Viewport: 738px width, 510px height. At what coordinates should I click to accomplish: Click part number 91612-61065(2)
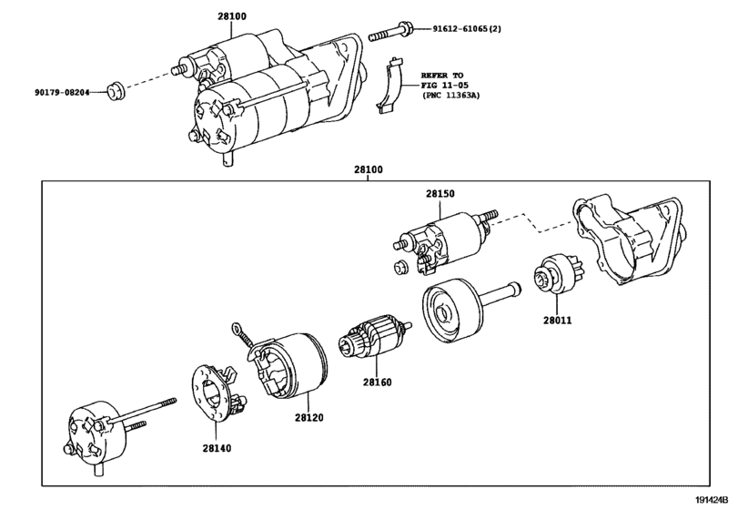pyautogui.click(x=467, y=29)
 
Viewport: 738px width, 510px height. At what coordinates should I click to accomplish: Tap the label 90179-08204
pyautogui.click(x=62, y=92)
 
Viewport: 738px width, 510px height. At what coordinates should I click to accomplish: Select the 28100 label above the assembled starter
pyautogui.click(x=232, y=16)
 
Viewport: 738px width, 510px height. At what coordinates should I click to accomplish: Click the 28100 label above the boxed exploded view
pyautogui.click(x=369, y=169)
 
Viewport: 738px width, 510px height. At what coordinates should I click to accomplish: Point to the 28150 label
pyautogui.click(x=440, y=194)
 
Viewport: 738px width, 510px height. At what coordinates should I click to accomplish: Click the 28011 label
pyautogui.click(x=557, y=321)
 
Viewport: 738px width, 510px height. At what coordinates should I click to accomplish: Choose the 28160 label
pyautogui.click(x=377, y=382)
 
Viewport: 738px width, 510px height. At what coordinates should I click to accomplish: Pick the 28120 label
pyautogui.click(x=309, y=418)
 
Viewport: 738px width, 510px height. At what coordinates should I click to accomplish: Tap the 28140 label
pyautogui.click(x=217, y=448)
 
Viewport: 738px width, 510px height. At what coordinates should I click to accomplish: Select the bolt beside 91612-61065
pyautogui.click(x=391, y=32)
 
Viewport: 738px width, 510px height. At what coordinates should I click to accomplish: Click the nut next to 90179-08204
pyautogui.click(x=116, y=91)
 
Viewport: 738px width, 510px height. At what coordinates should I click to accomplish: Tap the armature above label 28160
pyautogui.click(x=374, y=337)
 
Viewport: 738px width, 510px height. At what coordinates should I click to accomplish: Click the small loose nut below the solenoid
pyautogui.click(x=401, y=268)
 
